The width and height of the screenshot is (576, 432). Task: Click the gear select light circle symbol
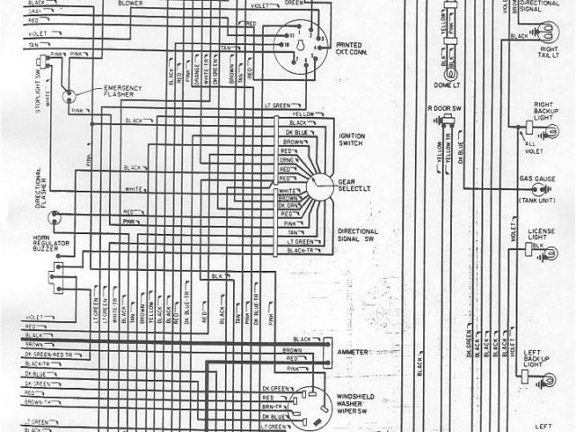click(x=317, y=186)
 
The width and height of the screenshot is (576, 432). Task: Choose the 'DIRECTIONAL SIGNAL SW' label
click(x=357, y=236)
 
